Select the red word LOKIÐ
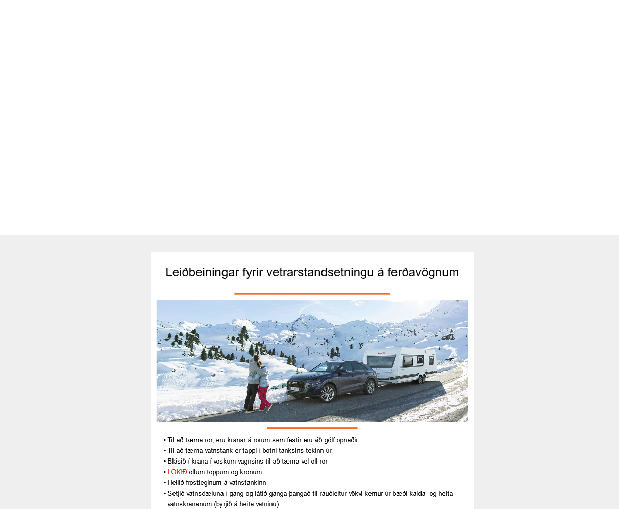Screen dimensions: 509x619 point(177,472)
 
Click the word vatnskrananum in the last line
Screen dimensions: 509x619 point(189,504)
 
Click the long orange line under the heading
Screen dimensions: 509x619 point(312,294)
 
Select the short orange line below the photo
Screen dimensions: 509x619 point(312,428)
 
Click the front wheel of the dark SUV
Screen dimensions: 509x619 point(327,393)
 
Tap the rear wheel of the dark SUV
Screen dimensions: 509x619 point(369,387)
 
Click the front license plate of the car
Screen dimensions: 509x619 point(295,389)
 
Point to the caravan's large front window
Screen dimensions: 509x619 point(379,360)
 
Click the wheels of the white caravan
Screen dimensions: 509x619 point(420,378)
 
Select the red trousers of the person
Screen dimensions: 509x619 point(264,398)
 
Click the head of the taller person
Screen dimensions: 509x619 point(256,359)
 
